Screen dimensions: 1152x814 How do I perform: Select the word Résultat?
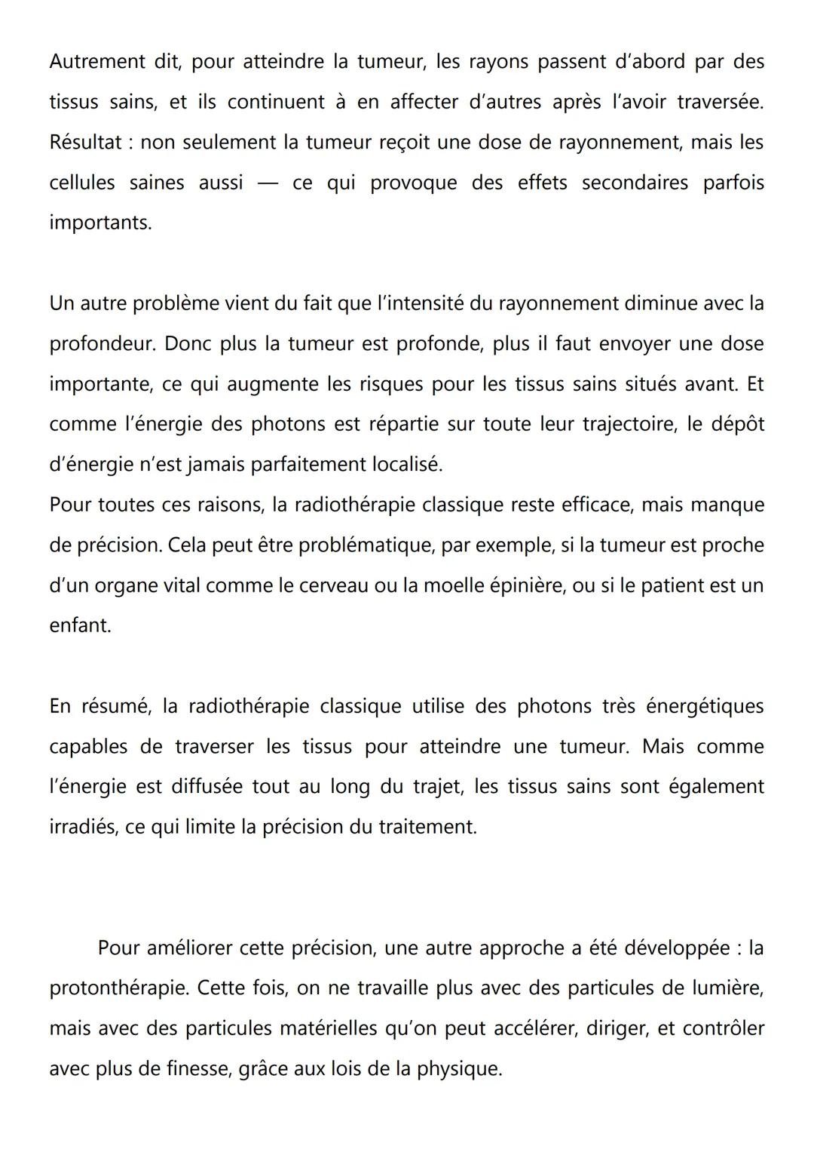(84, 142)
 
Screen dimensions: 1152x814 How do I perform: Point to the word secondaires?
(635, 183)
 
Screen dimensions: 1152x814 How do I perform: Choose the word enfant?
(79, 625)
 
